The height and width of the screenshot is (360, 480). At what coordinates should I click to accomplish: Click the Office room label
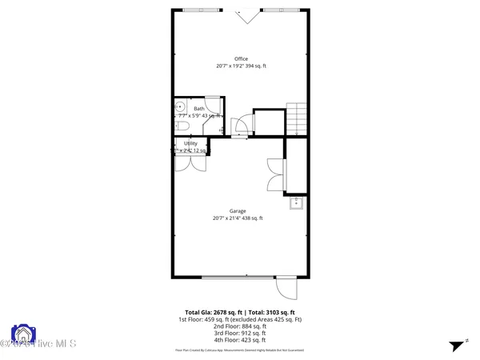point(241,58)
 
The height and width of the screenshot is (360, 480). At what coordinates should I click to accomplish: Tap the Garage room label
point(237,211)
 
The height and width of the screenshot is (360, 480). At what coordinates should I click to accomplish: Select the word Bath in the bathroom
point(198,109)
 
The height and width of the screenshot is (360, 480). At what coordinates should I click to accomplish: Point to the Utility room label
point(190,143)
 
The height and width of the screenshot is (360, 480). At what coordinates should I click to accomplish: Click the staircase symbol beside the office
point(297,118)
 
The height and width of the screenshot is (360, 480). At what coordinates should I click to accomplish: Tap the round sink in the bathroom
point(180,106)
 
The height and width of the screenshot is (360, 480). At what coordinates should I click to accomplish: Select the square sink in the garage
point(296,202)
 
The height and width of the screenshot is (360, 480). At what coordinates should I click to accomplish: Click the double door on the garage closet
point(275,175)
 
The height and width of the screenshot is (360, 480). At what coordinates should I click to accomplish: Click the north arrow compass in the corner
point(458,346)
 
